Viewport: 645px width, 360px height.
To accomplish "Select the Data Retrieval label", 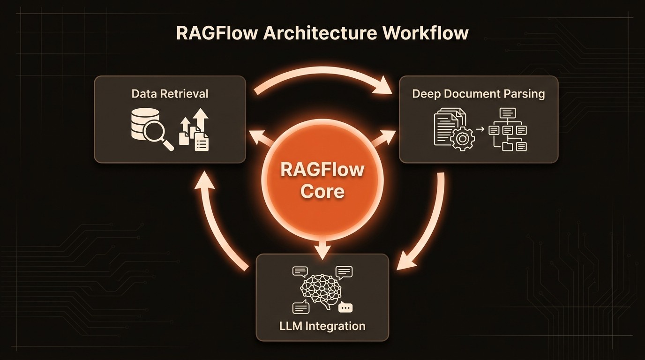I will [x=170, y=93].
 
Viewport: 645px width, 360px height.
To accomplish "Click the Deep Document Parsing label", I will [x=478, y=94].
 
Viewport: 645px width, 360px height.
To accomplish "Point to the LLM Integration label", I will [x=322, y=325].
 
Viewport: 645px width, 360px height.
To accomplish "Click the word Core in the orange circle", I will [x=322, y=191].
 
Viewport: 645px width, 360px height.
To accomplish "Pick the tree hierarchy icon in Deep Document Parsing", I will [x=508, y=130].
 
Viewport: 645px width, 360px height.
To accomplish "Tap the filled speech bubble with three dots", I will [x=345, y=307].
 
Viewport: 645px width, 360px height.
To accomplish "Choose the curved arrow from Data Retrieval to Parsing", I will [x=323, y=77].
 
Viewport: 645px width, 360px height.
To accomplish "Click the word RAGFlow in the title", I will [x=217, y=34].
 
